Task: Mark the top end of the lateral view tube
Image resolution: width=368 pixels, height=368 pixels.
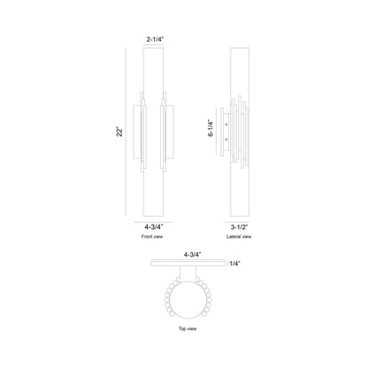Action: pos(239,50)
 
